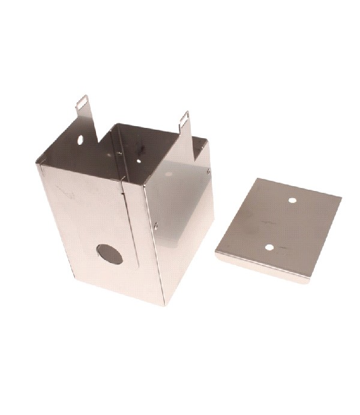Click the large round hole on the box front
coord(110,254)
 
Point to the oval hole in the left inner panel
coord(80,139)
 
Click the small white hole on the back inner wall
coord(139,160)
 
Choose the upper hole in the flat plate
coord(292,201)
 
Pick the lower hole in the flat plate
coord(270,247)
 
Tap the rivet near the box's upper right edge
coord(208,171)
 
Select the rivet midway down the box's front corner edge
coord(156,225)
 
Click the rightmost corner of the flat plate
coord(341,198)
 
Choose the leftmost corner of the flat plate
coord(216,255)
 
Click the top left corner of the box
coord(38,165)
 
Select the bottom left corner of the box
coord(73,277)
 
